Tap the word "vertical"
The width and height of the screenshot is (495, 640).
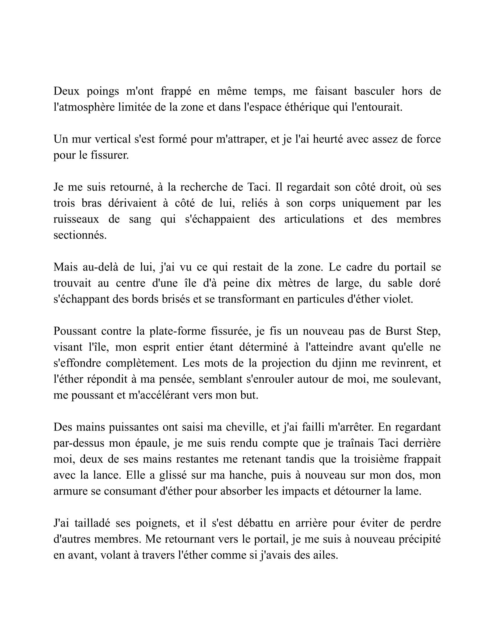(112, 139)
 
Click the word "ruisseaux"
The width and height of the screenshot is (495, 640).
(76, 219)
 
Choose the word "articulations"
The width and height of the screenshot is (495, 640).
(314, 219)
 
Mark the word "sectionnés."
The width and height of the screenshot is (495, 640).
(80, 235)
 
